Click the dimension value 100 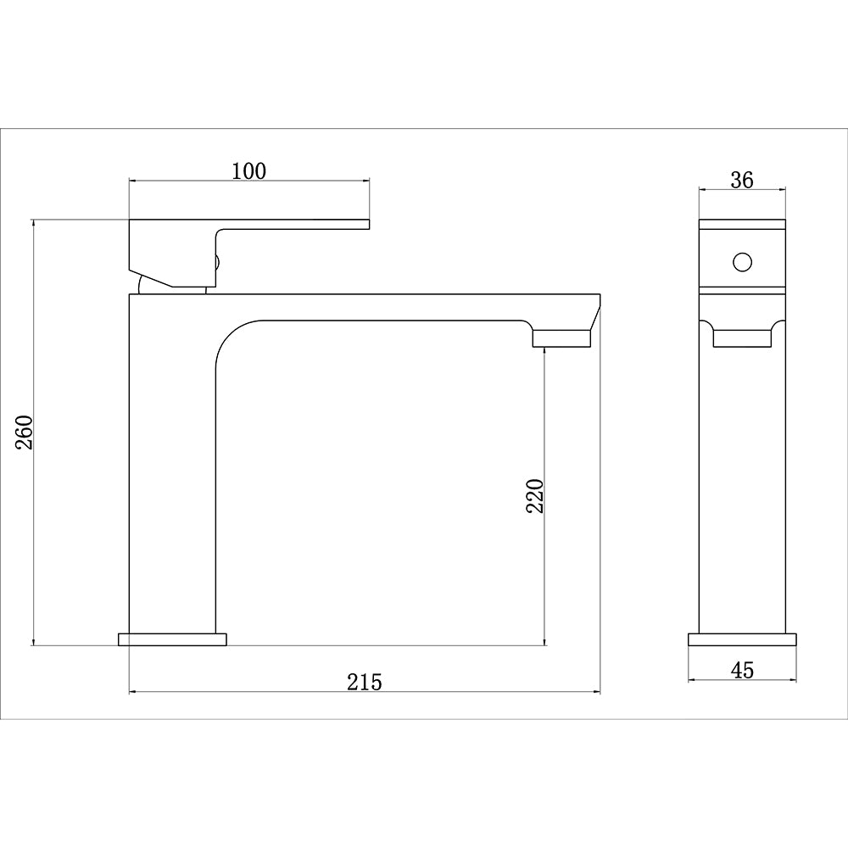[x=249, y=171]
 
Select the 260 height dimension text [x=25, y=432]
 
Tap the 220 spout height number [x=535, y=496]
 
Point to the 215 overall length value [x=365, y=682]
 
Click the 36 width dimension [x=741, y=180]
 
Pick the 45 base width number [x=742, y=670]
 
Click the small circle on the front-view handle [x=743, y=262]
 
